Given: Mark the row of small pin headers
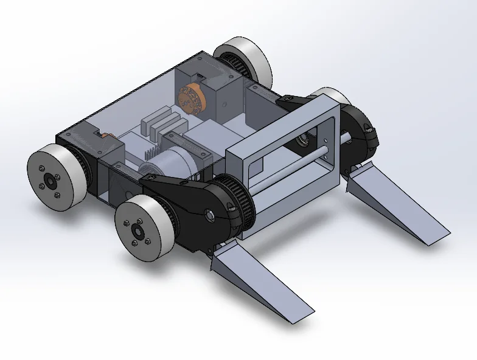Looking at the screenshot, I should pos(151,149).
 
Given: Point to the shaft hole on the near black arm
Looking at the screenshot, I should pos(209,214).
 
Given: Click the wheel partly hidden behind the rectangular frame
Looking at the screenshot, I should pos(335,99).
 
